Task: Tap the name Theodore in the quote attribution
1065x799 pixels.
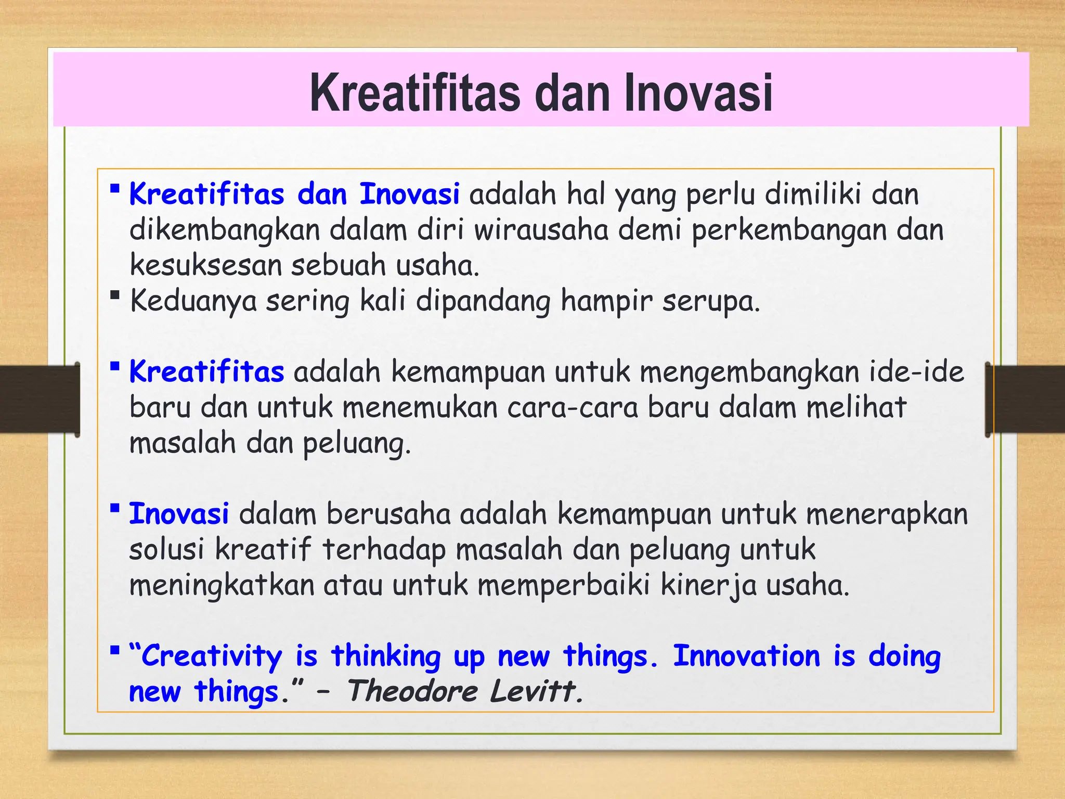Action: [412, 691]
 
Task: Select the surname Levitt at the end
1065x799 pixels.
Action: [536, 691]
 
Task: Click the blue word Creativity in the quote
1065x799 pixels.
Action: [211, 655]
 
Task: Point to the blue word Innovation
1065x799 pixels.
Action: [746, 655]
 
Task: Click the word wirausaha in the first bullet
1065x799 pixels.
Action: [541, 230]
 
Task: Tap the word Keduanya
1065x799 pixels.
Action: [193, 301]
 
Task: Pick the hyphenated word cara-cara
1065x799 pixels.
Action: [572, 407]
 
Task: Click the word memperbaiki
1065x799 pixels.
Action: [564, 585]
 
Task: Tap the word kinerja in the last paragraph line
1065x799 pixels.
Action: [708, 585]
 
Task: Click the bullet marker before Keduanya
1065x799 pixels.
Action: [115, 295]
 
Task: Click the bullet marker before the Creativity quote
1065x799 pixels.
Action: [115, 650]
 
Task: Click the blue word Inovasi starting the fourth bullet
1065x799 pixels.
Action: [178, 514]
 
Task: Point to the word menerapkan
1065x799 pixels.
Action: [887, 514]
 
